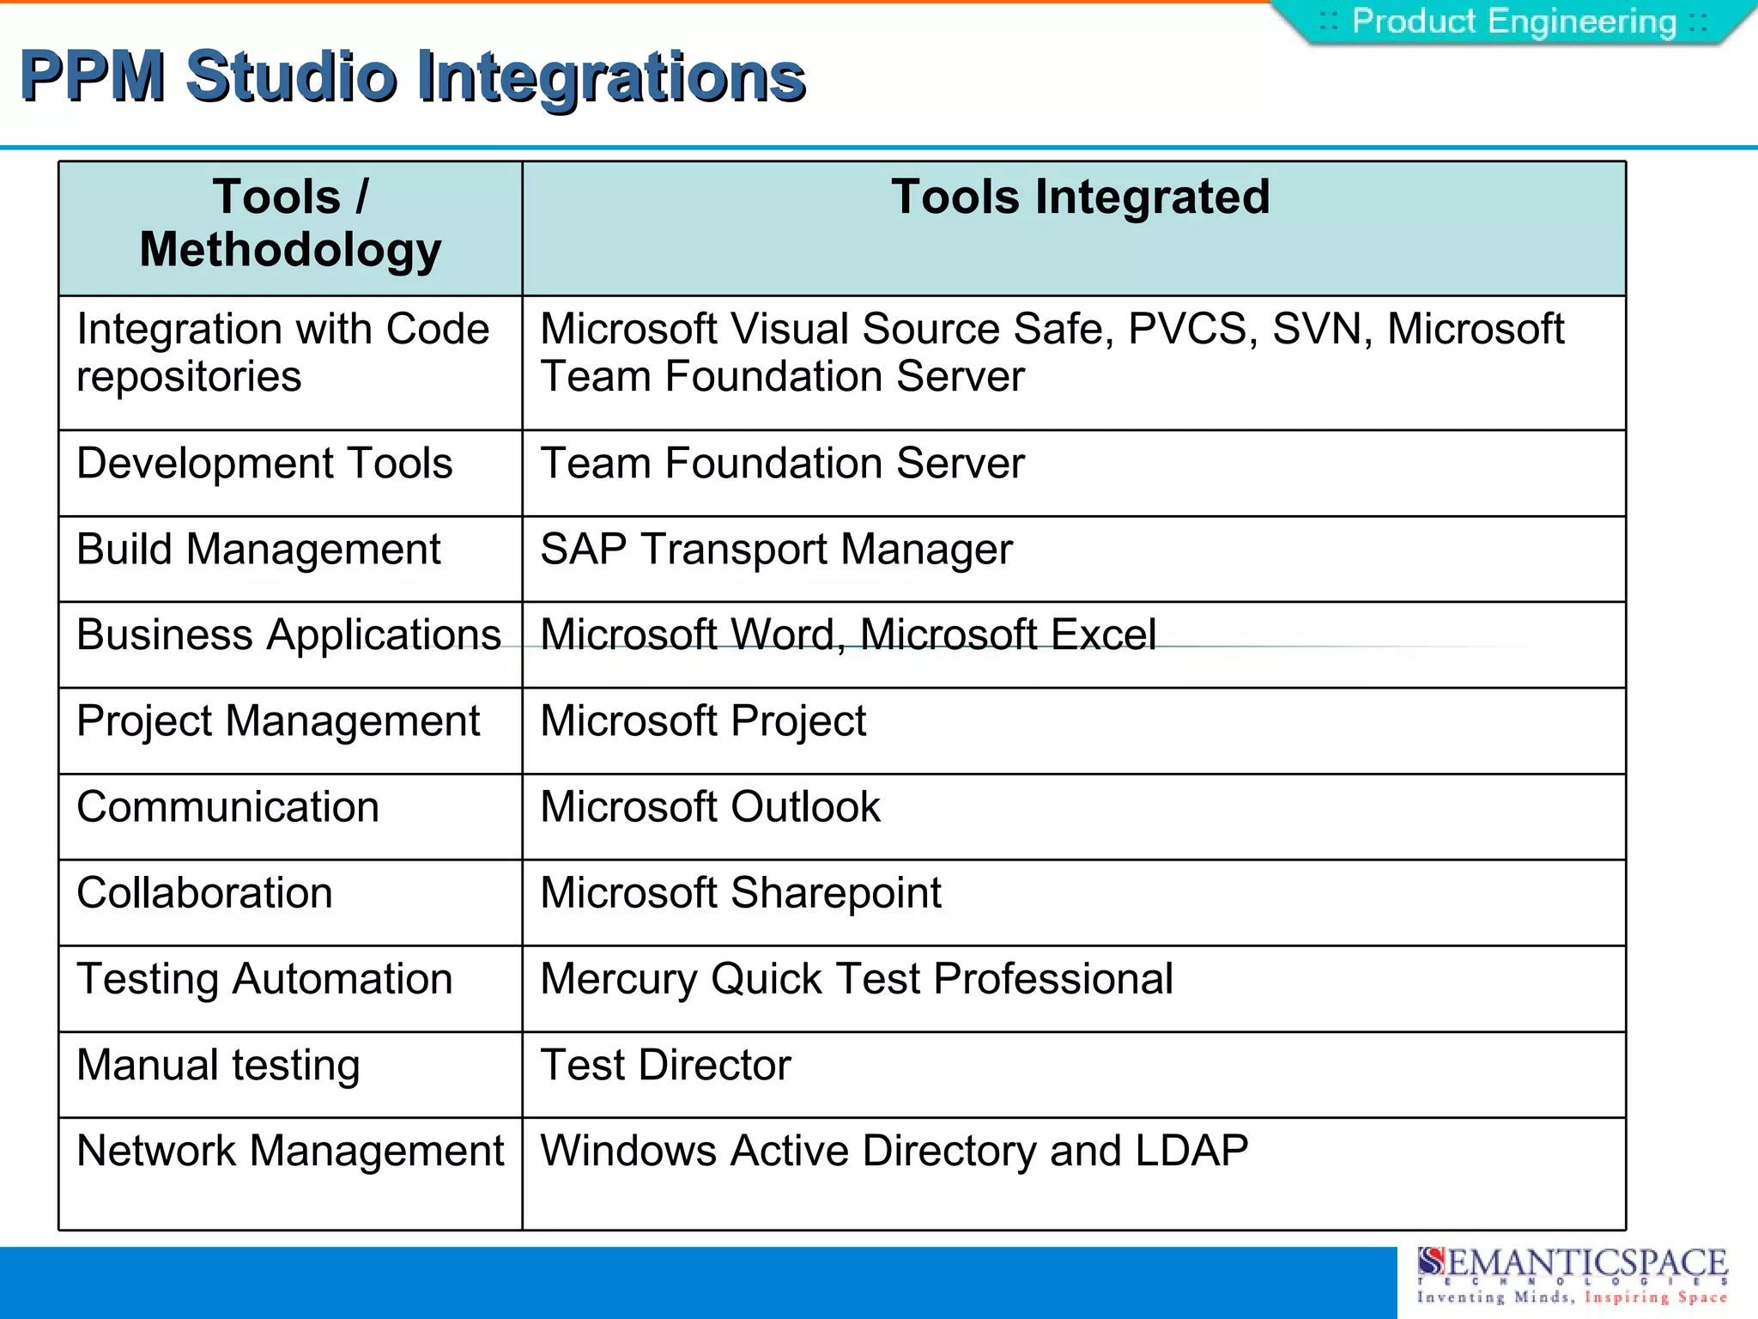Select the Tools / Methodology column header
coord(290,223)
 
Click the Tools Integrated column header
coord(1080,198)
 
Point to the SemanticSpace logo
coord(1571,1275)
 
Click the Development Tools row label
coord(264,465)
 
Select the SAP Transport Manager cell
coord(776,550)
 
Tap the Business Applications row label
coord(288,636)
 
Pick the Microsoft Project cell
coord(703,721)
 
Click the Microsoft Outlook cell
coord(710,808)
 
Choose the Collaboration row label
coord(204,894)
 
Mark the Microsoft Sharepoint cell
coord(741,894)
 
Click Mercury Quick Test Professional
coord(857,980)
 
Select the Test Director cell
coord(665,1066)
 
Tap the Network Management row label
coord(290,1152)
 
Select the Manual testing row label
coord(218,1066)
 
